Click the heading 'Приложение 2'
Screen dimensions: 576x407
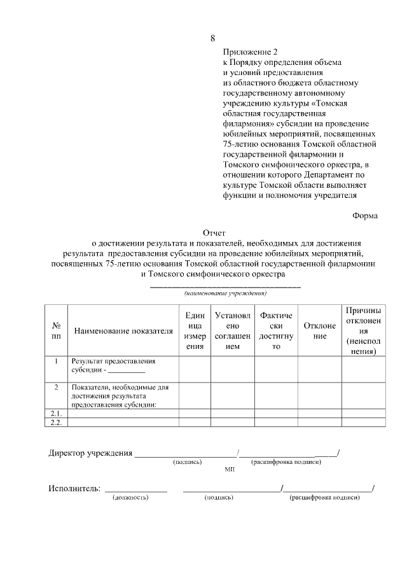[251, 52]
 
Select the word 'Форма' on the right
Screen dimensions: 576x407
[365, 216]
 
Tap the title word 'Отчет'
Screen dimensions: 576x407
[214, 233]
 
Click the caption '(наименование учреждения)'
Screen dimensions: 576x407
[225, 293]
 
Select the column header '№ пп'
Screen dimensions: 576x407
[56, 330]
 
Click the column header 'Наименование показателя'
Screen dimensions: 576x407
[123, 331]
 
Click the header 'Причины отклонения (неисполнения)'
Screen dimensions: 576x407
[363, 330]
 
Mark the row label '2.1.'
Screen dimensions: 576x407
[56, 413]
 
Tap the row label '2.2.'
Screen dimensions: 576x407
[56, 422]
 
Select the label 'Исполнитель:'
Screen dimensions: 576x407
[74, 488]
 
